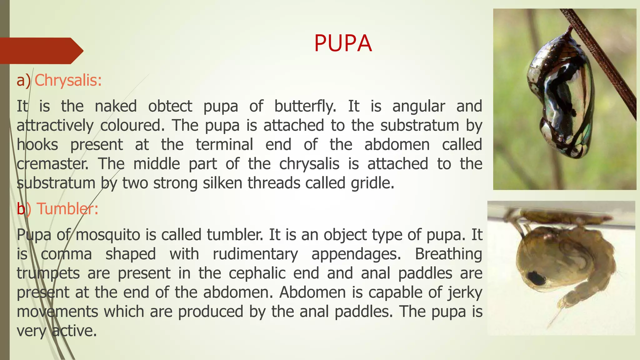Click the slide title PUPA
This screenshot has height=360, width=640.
tap(343, 43)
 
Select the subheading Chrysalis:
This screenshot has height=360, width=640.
tap(68, 80)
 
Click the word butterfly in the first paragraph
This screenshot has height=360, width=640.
tap(305, 106)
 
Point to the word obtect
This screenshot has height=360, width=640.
tap(170, 106)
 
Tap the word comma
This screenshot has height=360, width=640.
tap(66, 254)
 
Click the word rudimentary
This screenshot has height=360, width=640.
tap(255, 254)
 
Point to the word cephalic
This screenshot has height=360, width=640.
tap(257, 273)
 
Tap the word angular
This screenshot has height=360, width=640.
tap(418, 106)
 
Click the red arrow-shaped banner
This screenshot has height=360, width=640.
tap(41, 51)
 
